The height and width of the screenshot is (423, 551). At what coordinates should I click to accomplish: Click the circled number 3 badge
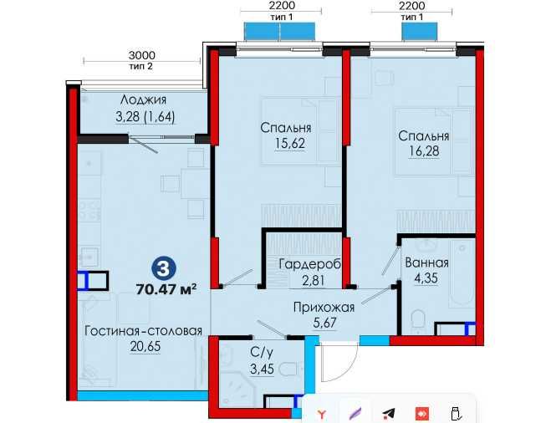point(165,269)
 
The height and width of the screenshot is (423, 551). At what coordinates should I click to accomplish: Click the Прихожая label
point(324,307)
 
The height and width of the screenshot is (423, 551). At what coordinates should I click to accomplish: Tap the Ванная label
point(426,262)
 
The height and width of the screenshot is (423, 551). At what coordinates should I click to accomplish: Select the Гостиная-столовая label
point(143,331)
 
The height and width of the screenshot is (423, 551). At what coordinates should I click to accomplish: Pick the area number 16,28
point(424,151)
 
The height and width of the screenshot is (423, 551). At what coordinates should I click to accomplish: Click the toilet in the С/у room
point(288,369)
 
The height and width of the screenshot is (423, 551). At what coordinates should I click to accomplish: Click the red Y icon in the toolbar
point(322,412)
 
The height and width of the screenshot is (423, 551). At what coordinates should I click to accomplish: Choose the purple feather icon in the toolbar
point(355,412)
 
